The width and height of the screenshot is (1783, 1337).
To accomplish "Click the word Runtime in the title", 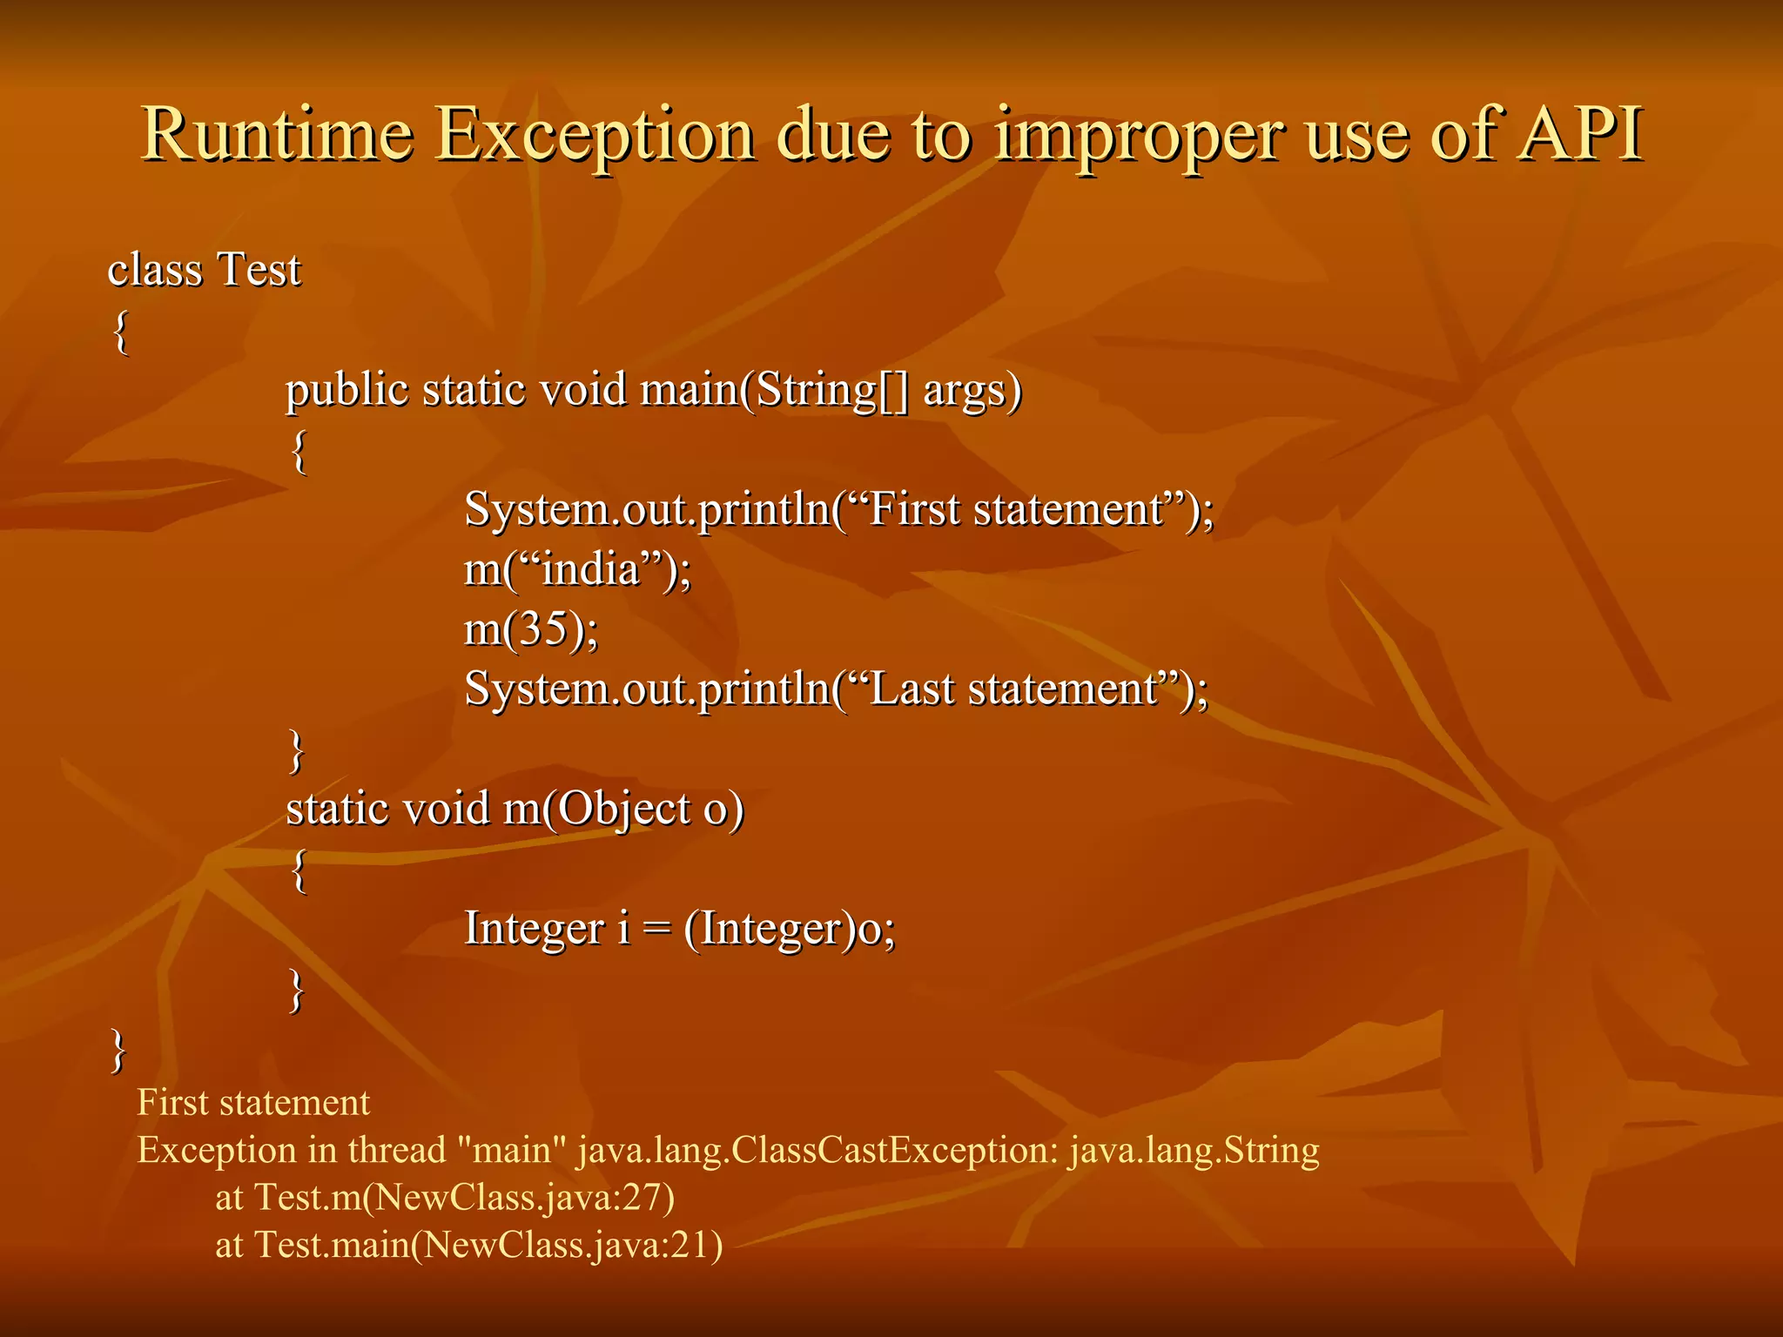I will [277, 135].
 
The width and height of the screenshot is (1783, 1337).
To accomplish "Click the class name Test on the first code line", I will [259, 270].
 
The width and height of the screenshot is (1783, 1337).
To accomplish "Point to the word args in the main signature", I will [972, 391].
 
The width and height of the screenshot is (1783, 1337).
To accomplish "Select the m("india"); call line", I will [577, 571].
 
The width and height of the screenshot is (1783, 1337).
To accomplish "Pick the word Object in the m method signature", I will [623, 810].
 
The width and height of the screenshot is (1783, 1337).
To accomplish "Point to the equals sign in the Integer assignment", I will [656, 929].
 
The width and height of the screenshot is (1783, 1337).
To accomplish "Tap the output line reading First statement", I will [253, 1103].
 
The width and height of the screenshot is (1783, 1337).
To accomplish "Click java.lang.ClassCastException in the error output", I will [817, 1151].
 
